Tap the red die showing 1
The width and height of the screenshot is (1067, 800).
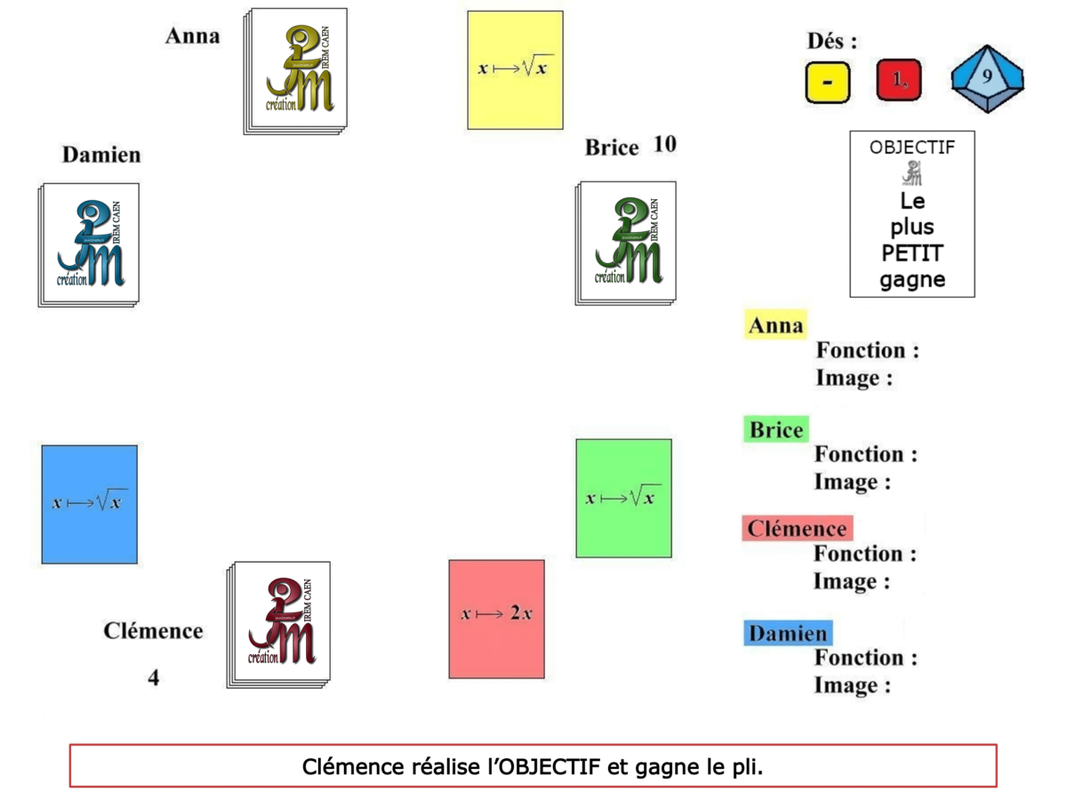point(899,81)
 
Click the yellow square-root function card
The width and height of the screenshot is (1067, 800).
point(515,69)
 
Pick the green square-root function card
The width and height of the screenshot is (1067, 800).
point(623,498)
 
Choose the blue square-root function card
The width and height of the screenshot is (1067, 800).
point(89,504)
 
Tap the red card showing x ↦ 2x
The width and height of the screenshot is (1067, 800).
point(496,618)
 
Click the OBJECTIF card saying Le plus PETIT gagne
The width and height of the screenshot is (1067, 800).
point(911,214)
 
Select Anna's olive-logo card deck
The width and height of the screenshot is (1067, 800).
point(295,71)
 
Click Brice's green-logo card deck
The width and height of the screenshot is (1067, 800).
point(627,243)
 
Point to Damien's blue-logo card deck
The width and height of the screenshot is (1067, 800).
point(89,244)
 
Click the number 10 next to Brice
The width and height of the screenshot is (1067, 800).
point(665,144)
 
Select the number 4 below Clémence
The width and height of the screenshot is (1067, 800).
point(154,677)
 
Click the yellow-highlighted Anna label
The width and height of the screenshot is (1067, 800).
point(775,325)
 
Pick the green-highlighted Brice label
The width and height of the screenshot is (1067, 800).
point(776,430)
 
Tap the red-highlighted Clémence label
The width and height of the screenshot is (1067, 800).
point(797,529)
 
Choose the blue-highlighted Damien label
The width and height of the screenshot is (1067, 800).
point(788,634)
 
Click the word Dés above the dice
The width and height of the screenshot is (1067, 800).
point(832,41)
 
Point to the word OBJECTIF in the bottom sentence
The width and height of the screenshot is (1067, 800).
point(551,766)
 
